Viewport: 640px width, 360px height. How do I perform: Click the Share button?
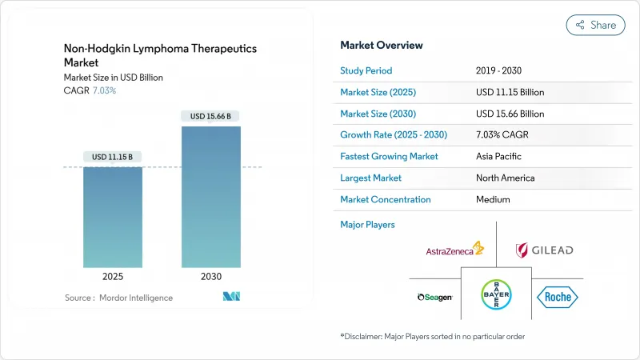595,25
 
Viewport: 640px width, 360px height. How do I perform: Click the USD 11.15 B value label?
113,156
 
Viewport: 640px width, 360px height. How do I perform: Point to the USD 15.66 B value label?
211,116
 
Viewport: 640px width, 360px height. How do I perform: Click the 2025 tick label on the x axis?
113,277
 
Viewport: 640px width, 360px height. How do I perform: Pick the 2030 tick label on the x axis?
211,277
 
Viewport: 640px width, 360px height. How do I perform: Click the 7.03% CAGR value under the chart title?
104,90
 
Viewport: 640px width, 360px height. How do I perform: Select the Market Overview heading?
382,46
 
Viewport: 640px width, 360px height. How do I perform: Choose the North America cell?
505,178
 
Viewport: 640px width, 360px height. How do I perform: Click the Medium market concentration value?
493,199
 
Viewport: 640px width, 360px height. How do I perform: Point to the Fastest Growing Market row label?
389,156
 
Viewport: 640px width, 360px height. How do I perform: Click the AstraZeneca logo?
454,250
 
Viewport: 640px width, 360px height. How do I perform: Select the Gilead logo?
545,250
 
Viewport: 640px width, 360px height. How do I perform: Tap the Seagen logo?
435,297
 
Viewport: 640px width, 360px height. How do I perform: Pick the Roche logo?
557,297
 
